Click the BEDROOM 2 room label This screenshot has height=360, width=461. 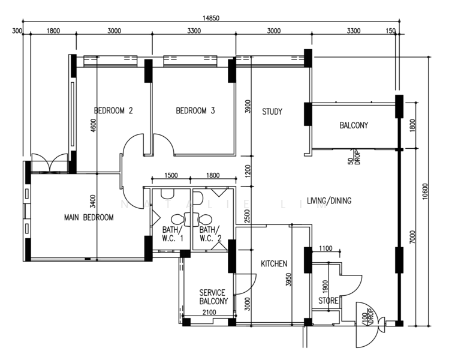[113, 110]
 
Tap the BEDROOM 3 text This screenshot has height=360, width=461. [195, 110]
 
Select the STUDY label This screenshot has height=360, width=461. [272, 112]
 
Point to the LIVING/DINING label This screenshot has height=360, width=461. [329, 200]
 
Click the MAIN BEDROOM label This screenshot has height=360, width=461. [88, 217]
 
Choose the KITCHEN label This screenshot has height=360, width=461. [273, 263]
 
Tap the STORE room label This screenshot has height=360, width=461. [328, 301]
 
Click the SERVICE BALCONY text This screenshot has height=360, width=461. [213, 297]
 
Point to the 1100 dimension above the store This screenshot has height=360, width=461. [326, 248]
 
